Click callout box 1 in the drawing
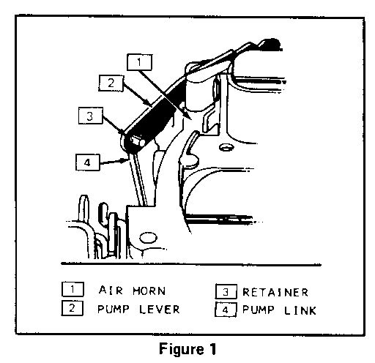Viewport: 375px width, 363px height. point(139,62)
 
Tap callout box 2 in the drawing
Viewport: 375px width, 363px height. point(111,83)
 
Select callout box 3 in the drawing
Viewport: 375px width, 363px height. point(91,116)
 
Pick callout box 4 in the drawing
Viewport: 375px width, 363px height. point(88,162)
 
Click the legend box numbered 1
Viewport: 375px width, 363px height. point(73,289)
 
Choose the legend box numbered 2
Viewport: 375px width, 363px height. point(73,308)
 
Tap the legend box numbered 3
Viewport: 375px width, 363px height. point(226,291)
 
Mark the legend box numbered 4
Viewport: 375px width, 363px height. point(226,310)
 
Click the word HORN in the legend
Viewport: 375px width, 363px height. point(149,291)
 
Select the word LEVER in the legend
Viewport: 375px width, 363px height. point(160,310)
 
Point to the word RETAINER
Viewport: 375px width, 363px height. point(275,292)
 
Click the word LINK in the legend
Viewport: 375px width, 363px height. point(300,310)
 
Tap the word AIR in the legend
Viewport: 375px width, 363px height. point(111,291)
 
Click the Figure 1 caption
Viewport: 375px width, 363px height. point(187,348)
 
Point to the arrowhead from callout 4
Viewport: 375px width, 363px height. point(124,160)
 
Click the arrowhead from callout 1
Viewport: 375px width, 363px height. point(187,115)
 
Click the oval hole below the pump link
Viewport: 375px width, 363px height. point(148,237)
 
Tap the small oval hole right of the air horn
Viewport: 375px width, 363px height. point(227,147)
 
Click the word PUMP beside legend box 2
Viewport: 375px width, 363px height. point(114,310)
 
